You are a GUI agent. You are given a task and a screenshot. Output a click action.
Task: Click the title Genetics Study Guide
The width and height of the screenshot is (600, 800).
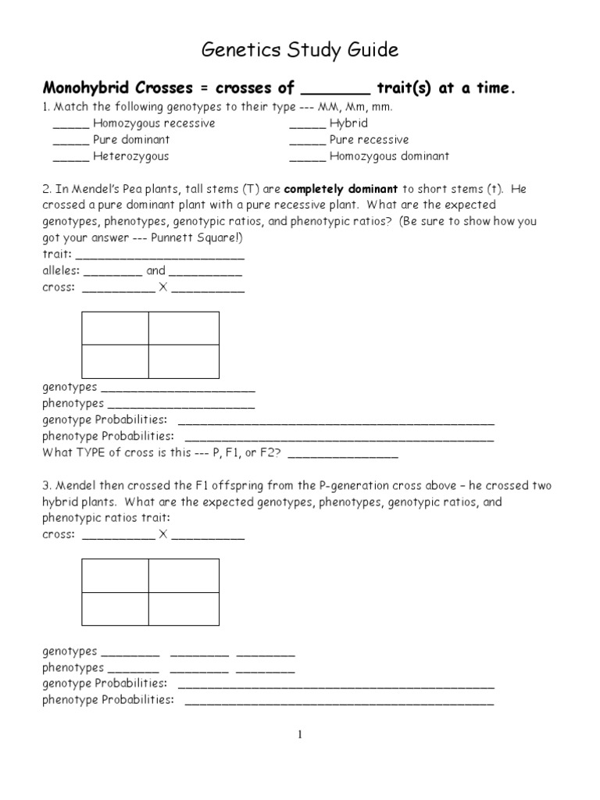point(300,51)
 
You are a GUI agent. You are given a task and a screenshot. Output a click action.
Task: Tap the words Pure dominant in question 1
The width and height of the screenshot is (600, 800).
point(131,140)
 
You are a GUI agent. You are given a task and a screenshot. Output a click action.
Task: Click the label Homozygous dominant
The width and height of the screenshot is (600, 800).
point(389,156)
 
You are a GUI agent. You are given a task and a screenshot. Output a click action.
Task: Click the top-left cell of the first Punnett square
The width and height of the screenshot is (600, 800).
point(115,328)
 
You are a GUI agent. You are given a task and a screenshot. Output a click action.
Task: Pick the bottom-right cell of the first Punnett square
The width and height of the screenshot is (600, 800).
point(184,361)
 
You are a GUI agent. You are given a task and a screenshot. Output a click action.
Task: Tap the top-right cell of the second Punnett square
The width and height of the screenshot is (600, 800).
point(184,575)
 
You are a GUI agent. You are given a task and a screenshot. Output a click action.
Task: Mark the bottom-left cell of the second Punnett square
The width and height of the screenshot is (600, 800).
point(115,609)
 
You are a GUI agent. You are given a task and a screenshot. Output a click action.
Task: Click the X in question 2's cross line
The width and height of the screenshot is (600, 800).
point(163,287)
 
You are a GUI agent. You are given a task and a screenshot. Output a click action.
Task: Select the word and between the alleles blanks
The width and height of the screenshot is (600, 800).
point(155,271)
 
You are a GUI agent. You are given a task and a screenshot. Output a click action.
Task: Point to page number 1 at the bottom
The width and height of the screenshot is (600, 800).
point(299,734)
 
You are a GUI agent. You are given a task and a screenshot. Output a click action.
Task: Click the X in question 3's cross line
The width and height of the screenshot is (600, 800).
point(163,535)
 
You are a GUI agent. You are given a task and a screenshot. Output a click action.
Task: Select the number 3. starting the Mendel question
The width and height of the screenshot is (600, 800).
point(46,486)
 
